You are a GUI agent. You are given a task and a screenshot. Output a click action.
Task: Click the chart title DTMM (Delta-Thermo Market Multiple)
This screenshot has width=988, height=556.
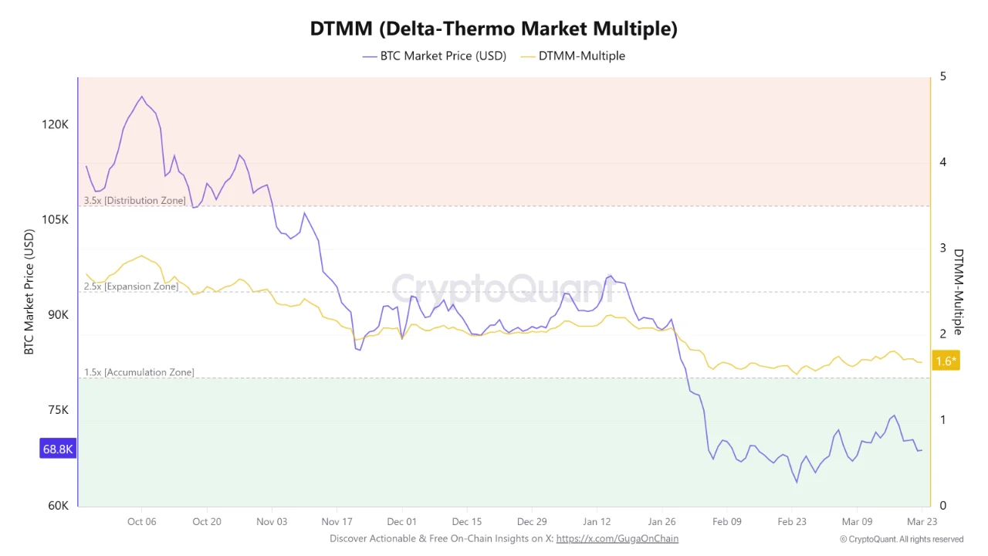click(x=494, y=29)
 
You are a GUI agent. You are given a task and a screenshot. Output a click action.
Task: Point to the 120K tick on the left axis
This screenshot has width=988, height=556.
click(x=55, y=124)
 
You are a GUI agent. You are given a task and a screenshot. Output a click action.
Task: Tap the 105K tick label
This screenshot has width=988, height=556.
click(x=55, y=220)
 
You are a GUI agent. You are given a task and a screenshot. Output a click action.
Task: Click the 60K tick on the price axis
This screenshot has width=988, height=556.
click(x=56, y=506)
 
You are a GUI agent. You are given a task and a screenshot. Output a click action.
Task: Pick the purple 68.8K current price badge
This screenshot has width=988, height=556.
click(x=58, y=449)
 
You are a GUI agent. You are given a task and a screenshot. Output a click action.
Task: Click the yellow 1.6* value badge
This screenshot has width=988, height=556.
click(x=946, y=361)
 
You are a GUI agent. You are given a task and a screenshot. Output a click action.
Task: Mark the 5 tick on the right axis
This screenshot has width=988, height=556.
click(x=943, y=76)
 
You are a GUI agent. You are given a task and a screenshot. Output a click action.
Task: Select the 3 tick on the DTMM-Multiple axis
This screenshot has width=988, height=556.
click(x=943, y=248)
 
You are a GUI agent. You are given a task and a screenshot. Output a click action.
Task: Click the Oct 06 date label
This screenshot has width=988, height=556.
click(x=141, y=521)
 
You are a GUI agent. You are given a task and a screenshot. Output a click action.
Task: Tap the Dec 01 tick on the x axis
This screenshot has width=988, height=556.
click(x=401, y=521)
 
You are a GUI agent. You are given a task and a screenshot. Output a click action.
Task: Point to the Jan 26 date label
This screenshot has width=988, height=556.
click(x=661, y=521)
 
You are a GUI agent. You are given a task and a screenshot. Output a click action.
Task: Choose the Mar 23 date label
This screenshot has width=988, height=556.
click(x=922, y=521)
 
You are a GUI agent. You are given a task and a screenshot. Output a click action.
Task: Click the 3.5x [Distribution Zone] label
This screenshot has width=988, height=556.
click(x=135, y=201)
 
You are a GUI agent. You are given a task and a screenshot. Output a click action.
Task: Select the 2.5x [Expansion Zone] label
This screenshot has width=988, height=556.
click(x=131, y=286)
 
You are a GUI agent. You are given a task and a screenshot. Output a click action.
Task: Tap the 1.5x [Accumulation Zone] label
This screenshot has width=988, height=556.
click(x=139, y=372)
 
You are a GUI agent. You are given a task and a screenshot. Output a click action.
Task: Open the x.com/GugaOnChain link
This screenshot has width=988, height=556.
click(x=617, y=538)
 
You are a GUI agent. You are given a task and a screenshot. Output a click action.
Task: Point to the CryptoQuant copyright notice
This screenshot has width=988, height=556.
click(x=902, y=539)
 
